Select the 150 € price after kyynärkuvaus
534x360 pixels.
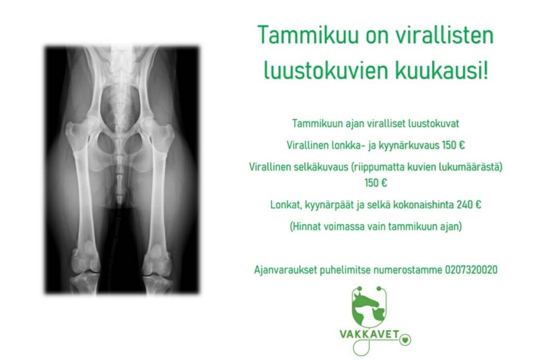tap(454, 145)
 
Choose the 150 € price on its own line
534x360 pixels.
tap(375, 183)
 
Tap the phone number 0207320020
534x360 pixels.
tap(471, 270)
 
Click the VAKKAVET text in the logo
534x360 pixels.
tap(369, 334)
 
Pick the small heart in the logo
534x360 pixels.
tap(405, 340)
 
